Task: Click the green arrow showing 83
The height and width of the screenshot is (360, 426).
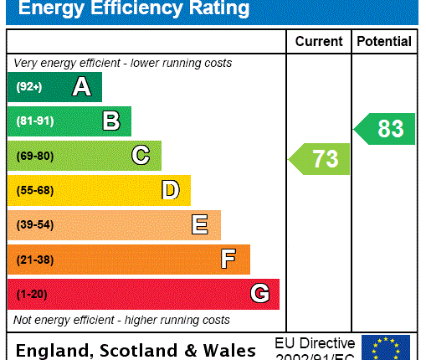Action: click(386, 129)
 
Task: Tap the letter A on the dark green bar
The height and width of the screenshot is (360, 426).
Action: click(81, 87)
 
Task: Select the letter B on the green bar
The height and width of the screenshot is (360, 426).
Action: click(110, 121)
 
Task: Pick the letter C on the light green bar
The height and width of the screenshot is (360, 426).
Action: click(141, 156)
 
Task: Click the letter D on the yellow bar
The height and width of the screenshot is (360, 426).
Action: click(170, 190)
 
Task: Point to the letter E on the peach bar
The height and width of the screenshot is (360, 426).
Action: click(200, 224)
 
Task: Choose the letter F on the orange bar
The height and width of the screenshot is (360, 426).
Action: click(228, 260)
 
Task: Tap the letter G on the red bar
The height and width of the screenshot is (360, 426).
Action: click(259, 294)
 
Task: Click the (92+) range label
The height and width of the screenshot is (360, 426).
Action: click(28, 87)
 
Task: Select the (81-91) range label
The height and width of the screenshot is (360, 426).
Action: click(34, 121)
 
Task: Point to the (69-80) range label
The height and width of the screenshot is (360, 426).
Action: click(34, 156)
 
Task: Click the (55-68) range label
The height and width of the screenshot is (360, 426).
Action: click(34, 190)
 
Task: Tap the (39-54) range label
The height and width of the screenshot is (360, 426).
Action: click(34, 225)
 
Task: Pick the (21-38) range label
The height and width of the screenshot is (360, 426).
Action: click(34, 260)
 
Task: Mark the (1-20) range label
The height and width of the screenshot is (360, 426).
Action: click(32, 294)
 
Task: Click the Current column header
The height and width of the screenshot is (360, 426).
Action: click(319, 41)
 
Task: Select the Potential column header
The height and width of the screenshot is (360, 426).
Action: click(384, 41)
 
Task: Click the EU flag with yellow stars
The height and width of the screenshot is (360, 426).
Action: click(386, 347)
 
